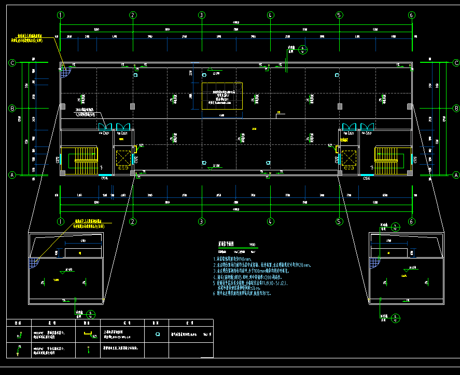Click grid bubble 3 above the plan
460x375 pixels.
tap(201, 15)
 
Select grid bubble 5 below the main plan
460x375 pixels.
tap(339, 221)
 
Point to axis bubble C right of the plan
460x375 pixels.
tap(456, 63)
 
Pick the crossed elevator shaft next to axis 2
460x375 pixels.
tap(123, 158)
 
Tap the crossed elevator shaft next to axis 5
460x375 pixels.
tap(347, 158)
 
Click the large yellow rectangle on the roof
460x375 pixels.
tap(222, 96)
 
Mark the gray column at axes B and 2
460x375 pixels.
tap(133, 106)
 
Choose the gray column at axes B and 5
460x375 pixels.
tap(340, 106)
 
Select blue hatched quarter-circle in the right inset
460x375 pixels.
tap(375, 262)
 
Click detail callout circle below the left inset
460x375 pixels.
tap(91, 314)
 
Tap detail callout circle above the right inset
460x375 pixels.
tap(395, 226)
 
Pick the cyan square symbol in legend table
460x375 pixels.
tap(158, 335)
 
